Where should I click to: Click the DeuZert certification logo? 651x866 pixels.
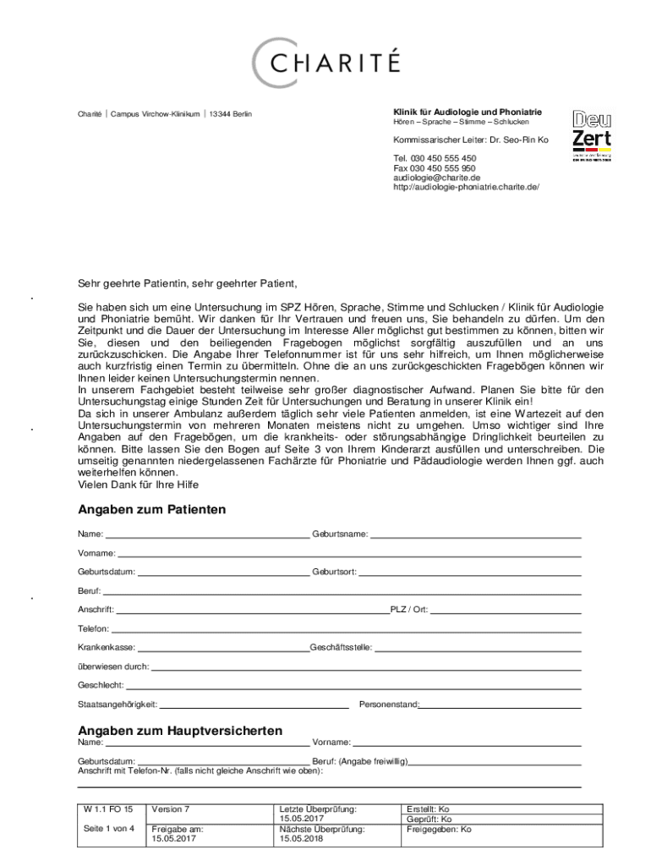tap(591, 134)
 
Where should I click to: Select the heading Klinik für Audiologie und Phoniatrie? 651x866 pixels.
tap(468, 112)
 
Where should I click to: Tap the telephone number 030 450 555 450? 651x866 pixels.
tap(434, 159)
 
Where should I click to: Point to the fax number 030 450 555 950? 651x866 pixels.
tap(434, 168)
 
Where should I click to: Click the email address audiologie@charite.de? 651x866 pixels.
tap(436, 178)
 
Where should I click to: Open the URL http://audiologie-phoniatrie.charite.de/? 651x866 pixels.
tap(465, 187)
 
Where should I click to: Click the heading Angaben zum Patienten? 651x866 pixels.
tap(151, 510)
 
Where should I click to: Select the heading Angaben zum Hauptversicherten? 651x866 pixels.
tap(180, 730)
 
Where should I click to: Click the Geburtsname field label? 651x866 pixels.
tap(340, 534)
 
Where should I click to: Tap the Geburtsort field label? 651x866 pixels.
tap(334, 572)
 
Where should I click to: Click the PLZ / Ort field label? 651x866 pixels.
tap(408, 610)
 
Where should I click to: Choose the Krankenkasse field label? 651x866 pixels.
tap(107, 647)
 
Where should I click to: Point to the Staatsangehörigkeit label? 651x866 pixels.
tap(118, 704)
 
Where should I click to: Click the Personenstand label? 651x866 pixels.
tap(389, 704)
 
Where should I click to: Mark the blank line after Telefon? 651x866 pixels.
tap(347, 629)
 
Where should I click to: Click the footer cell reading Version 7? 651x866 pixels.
tap(170, 809)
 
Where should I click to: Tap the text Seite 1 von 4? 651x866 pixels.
tap(109, 828)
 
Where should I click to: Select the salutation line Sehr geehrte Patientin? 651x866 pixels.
tap(188, 283)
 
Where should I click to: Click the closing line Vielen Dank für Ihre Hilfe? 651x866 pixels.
tap(139, 485)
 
